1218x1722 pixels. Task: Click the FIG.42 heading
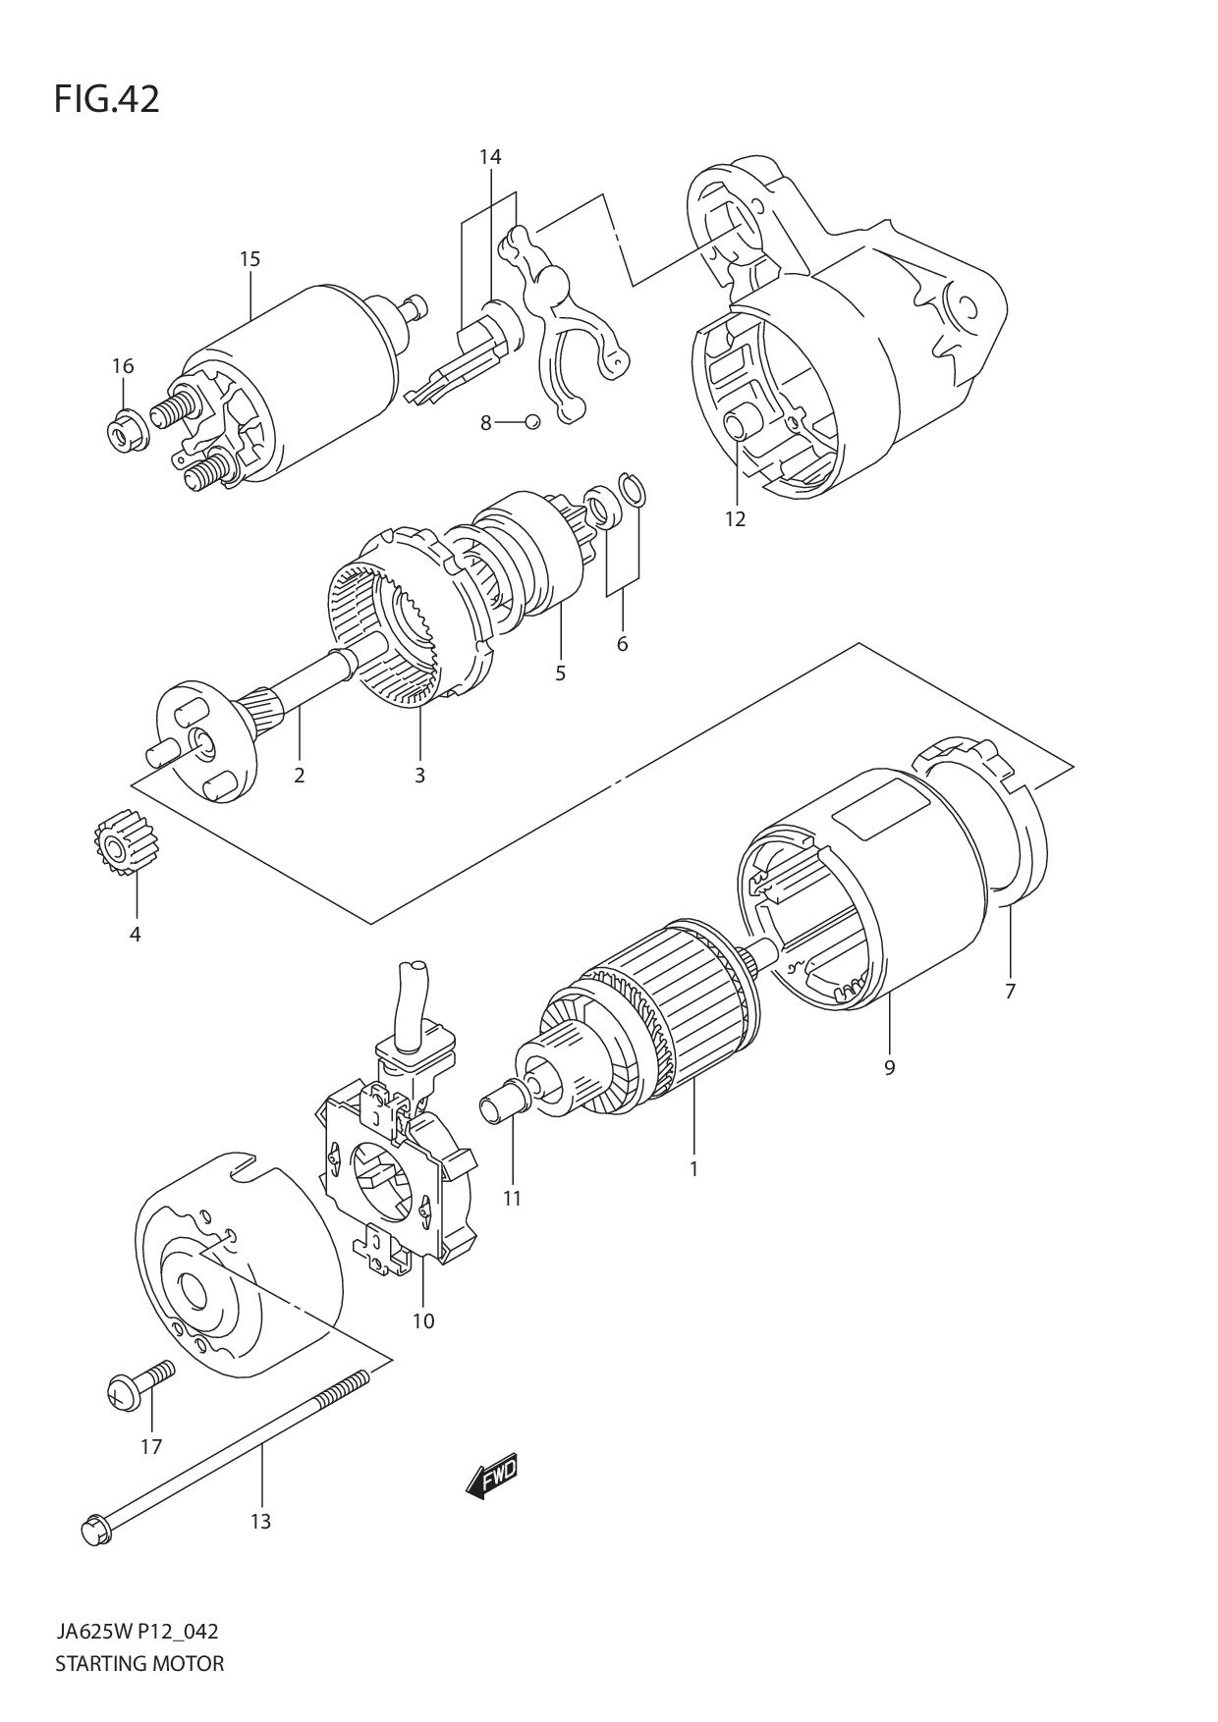pyautogui.click(x=106, y=99)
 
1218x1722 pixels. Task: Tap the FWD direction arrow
pyautogui.click(x=491, y=1476)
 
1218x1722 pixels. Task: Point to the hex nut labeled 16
pyautogui.click(x=126, y=429)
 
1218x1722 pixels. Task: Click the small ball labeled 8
pyautogui.click(x=531, y=422)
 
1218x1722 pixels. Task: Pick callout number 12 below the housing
pyautogui.click(x=736, y=519)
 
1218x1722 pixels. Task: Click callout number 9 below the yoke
pyautogui.click(x=889, y=1067)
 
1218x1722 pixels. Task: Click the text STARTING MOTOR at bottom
pyautogui.click(x=139, y=1663)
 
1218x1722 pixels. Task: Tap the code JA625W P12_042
pyautogui.click(x=137, y=1632)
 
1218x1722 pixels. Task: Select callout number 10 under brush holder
pyautogui.click(x=422, y=1320)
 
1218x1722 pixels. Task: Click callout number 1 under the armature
pyautogui.click(x=693, y=1168)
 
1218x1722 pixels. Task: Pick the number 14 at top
pyautogui.click(x=490, y=156)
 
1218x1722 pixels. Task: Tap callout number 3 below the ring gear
pyautogui.click(x=419, y=775)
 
